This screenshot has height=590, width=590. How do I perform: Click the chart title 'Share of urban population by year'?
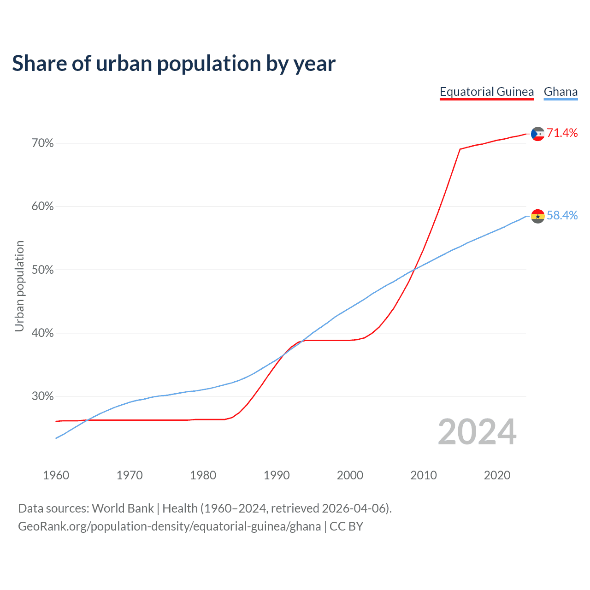tap(174, 64)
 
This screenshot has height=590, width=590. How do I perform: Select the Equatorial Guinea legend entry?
tap(487, 92)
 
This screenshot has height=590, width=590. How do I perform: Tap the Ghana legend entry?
tap(560, 92)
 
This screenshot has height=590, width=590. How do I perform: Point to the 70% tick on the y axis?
tap(42, 143)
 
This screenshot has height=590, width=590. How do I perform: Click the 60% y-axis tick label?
tap(42, 206)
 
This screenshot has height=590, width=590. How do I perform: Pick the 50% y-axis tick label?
tap(42, 270)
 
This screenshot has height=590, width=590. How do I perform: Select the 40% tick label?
tap(42, 333)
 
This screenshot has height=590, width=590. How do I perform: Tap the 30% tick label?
tap(42, 396)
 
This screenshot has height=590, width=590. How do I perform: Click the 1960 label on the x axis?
tap(56, 475)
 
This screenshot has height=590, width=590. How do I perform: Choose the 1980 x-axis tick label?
tap(203, 475)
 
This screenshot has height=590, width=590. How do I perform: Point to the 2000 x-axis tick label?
tap(350, 475)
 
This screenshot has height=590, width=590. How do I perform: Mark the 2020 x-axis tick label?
tap(497, 475)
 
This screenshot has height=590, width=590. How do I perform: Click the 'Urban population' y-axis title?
tap(19, 286)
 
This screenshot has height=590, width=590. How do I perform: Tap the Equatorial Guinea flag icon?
tap(537, 134)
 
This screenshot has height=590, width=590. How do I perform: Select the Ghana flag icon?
tap(537, 216)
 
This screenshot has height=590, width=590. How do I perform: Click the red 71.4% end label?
tap(562, 133)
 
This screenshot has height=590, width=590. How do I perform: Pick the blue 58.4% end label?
tap(562, 215)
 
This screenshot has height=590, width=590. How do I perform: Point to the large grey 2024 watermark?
tap(477, 432)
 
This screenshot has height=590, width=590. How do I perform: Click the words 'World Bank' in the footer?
tap(123, 508)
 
